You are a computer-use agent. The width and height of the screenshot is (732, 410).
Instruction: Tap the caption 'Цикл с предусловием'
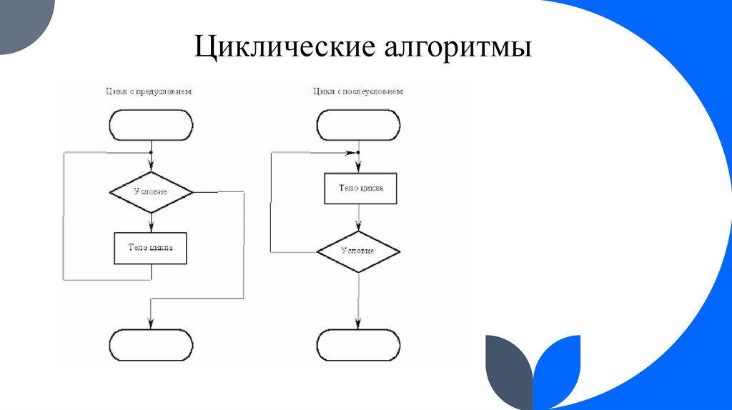tap(148, 91)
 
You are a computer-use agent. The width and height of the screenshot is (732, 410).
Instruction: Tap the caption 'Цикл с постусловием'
tap(358, 91)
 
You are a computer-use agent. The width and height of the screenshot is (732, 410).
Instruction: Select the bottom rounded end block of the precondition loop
tap(151, 346)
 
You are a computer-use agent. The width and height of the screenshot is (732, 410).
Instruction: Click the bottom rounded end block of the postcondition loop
tap(358, 346)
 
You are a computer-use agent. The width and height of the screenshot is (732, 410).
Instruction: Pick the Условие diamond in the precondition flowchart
tap(151, 192)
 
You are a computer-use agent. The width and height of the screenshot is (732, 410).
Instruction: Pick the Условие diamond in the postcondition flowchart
tap(358, 251)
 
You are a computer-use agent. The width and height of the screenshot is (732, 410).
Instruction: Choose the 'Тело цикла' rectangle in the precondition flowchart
tap(150, 249)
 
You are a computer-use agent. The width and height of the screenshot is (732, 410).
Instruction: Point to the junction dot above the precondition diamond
tap(151, 152)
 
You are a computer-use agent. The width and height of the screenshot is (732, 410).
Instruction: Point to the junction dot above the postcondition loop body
tap(358, 152)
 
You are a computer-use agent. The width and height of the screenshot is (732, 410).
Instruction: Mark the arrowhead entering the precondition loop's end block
tap(151, 324)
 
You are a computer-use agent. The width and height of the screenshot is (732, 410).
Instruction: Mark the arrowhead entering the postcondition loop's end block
tap(358, 324)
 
